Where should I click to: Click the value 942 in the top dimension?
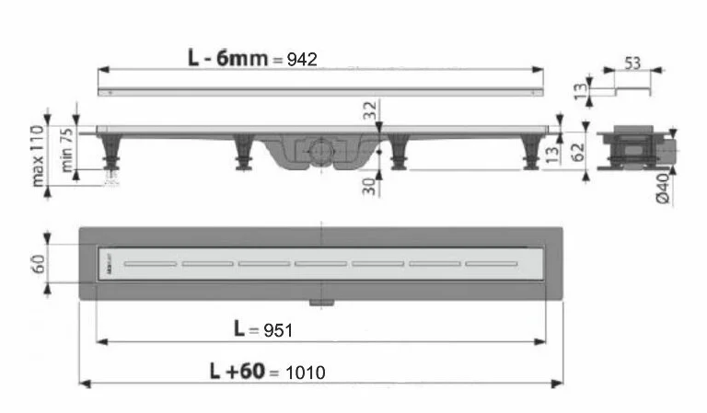pyautogui.click(x=301, y=59)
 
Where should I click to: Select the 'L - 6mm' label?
pyautogui.click(x=228, y=58)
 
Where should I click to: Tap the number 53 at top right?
pyautogui.click(x=632, y=63)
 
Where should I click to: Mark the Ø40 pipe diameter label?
pyautogui.click(x=689, y=190)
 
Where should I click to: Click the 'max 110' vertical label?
pyautogui.click(x=40, y=155)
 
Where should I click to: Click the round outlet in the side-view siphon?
pyautogui.click(x=317, y=148)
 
